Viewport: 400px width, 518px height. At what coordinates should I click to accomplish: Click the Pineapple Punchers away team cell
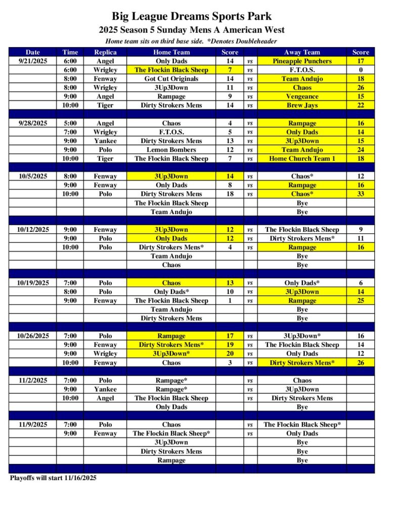pos(302,61)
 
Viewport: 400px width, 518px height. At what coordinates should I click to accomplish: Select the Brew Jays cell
pos(302,105)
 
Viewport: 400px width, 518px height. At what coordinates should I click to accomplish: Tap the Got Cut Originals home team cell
pos(171,79)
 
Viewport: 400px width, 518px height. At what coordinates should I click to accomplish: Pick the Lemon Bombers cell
pos(171,150)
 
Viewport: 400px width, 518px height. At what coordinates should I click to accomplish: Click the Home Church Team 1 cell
pos(302,159)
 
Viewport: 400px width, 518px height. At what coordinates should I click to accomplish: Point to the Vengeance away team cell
pos(302,97)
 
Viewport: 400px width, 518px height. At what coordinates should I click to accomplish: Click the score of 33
pos(361,194)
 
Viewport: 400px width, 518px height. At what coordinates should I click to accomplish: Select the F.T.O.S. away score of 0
pos(361,70)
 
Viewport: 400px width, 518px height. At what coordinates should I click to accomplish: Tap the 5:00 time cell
pos(70,123)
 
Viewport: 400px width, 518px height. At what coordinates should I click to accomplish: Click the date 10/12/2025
pos(33,230)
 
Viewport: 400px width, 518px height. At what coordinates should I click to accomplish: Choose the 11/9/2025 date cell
pos(33,425)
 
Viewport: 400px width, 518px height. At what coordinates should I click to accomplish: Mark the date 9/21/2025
pos(33,61)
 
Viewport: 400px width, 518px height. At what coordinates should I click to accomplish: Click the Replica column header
pos(105,52)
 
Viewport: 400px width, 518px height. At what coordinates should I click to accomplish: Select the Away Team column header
pos(302,52)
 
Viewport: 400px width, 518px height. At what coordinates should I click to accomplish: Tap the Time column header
pos(70,52)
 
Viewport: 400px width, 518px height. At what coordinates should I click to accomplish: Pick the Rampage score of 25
pos(361,300)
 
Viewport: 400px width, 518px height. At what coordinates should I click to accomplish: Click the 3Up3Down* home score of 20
pos(230,354)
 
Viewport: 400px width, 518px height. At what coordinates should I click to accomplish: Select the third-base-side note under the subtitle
pos(191,41)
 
